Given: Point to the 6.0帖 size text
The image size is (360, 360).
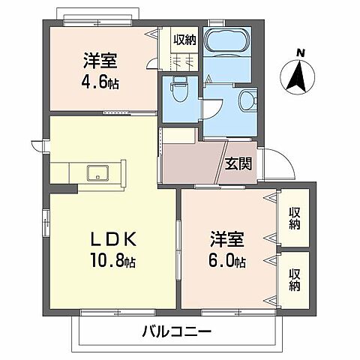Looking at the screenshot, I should [227, 262].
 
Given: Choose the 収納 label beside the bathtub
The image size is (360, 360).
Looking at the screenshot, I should [184, 40].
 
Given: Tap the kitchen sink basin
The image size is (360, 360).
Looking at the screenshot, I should [97, 172].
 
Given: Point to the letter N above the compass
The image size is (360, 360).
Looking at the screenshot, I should [300, 52].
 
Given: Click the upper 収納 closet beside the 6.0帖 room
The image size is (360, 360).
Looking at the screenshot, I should [295, 217].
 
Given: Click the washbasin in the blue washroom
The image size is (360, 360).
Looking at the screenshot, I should [247, 102].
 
